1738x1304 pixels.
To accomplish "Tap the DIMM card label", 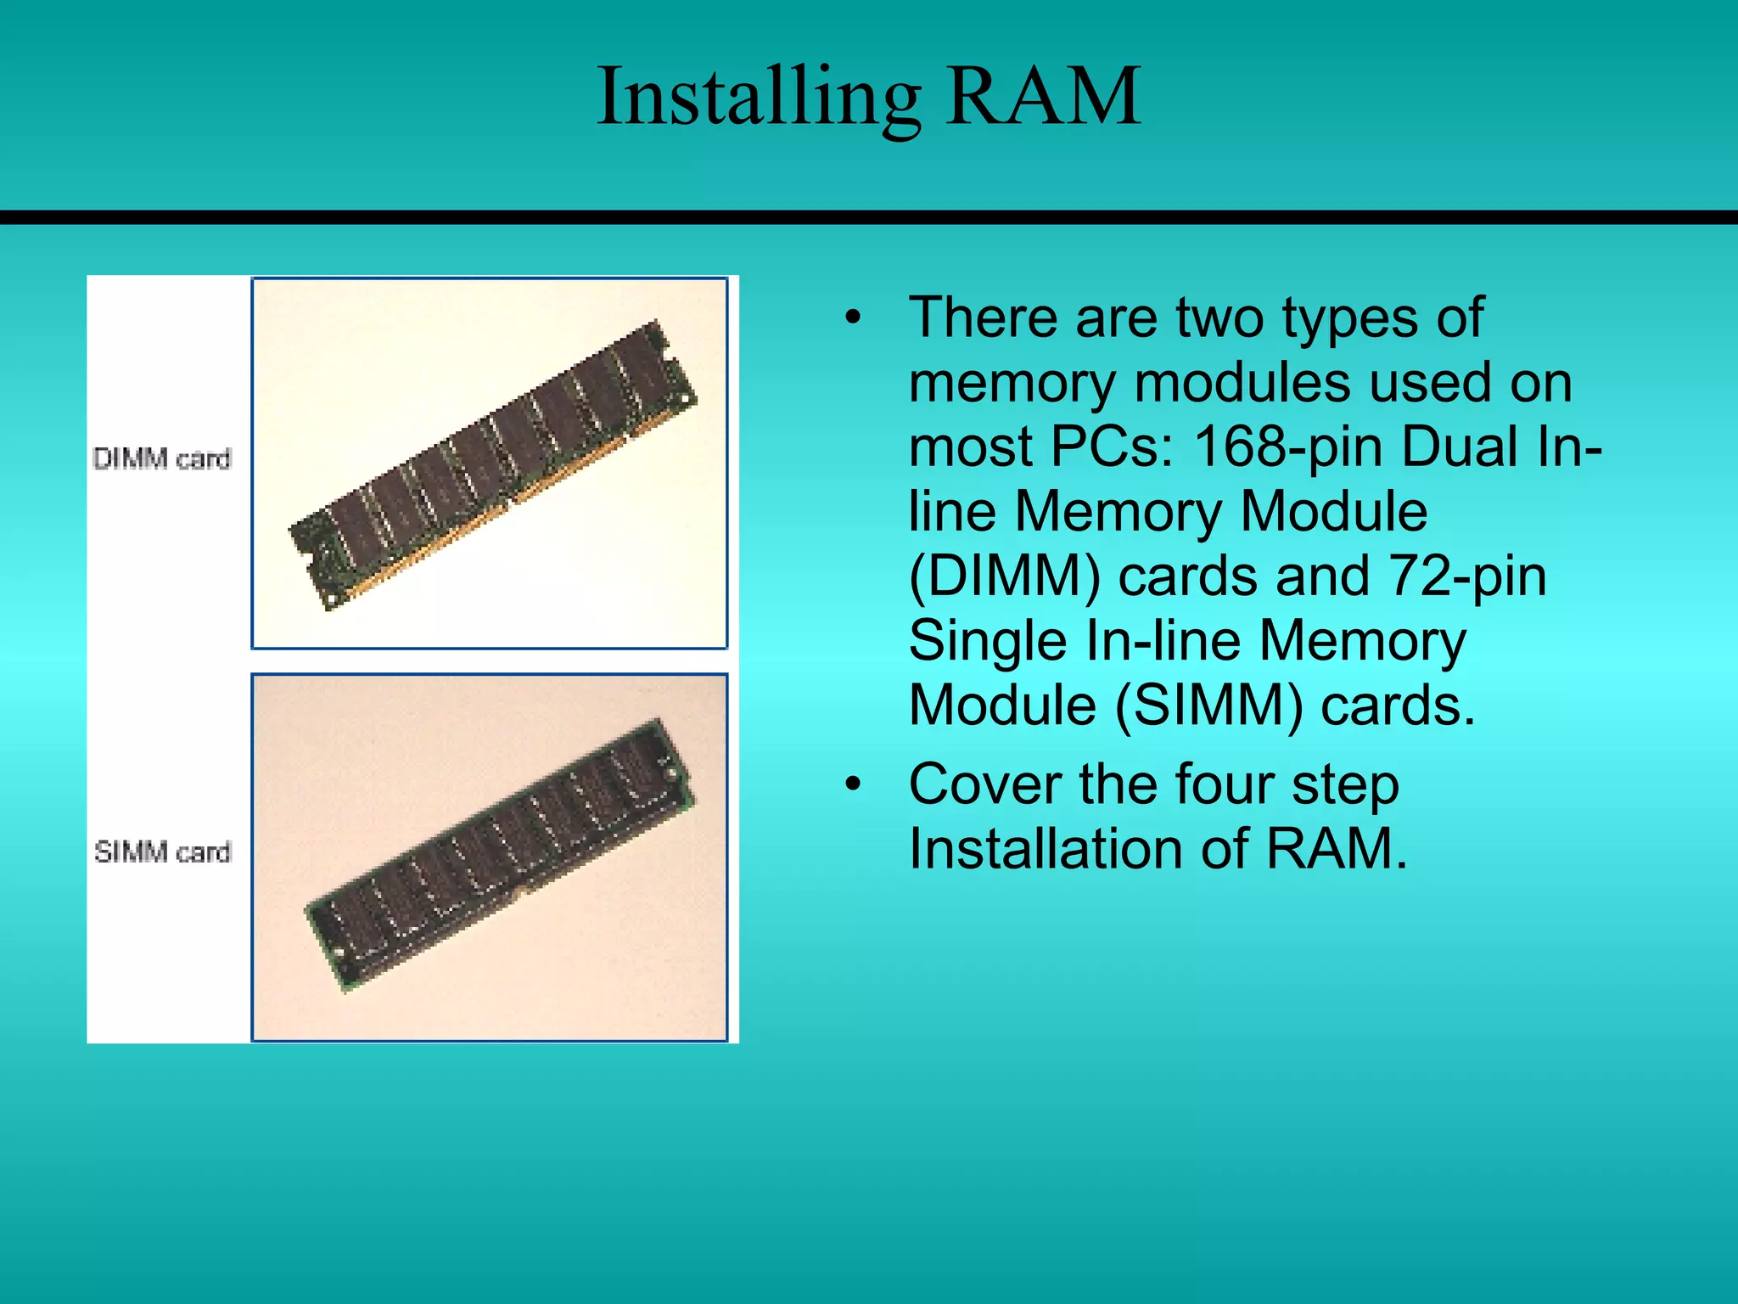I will click(x=161, y=458).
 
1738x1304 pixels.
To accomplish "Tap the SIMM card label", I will click(x=162, y=851).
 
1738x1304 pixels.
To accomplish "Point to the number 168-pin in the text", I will click(x=1287, y=447).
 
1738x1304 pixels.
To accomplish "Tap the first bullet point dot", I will click(x=853, y=319).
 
